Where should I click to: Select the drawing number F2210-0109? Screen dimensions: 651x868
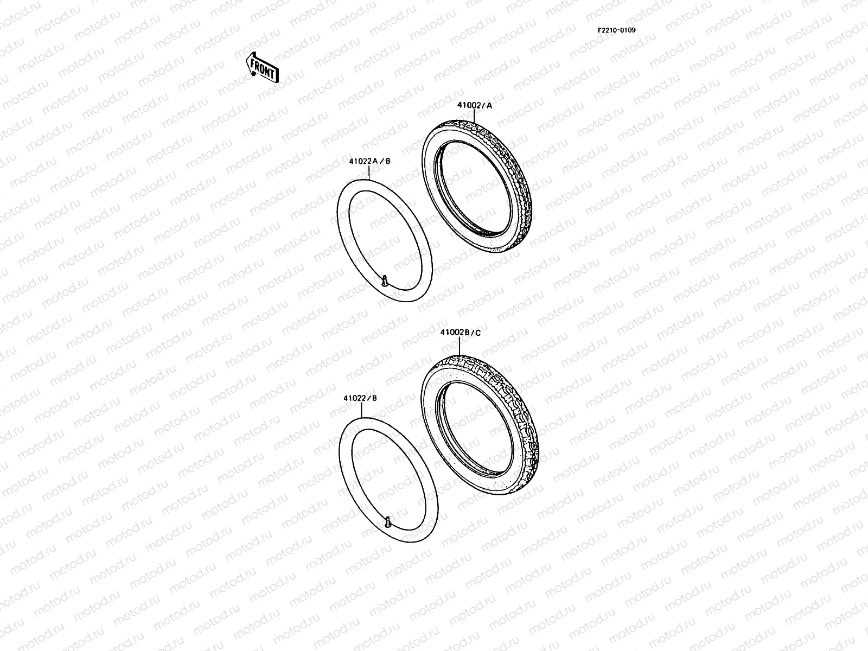(x=616, y=30)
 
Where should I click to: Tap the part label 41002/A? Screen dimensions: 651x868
(x=474, y=106)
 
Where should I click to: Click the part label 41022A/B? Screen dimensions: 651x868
(x=369, y=161)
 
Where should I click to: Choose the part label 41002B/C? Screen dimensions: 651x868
(x=460, y=333)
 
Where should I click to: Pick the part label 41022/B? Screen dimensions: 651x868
(x=360, y=398)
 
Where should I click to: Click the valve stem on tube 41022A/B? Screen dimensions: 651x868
(x=384, y=280)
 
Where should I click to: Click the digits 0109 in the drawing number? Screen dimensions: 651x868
(x=628, y=30)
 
